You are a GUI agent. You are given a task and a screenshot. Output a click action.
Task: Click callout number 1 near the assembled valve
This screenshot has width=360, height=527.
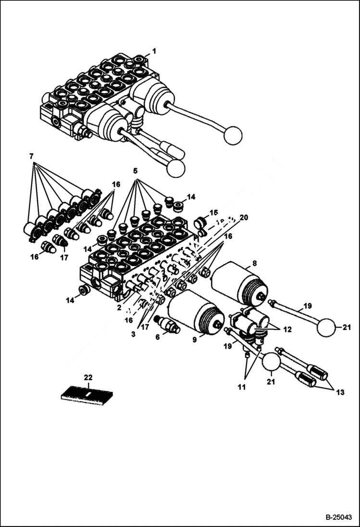[x=154, y=51]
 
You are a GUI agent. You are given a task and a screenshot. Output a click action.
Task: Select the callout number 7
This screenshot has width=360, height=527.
[x=31, y=156]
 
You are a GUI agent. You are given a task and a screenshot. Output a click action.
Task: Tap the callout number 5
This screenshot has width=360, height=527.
[x=136, y=171]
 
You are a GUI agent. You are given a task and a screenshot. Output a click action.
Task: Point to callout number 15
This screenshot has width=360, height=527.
[x=213, y=212]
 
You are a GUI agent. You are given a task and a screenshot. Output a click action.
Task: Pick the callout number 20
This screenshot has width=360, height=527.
[x=244, y=218]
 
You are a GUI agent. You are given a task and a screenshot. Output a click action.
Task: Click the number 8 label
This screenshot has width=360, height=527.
[x=254, y=263]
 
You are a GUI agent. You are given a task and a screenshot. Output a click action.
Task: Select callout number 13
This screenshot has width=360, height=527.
[x=340, y=392]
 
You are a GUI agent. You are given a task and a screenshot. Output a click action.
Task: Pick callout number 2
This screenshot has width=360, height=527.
[x=119, y=308]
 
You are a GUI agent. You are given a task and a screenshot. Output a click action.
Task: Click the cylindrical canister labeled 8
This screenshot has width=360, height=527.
[x=239, y=284]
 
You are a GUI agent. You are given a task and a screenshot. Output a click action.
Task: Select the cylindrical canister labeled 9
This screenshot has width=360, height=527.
[x=196, y=312]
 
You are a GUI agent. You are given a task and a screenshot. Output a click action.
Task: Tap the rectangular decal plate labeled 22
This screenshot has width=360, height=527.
[x=87, y=395]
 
